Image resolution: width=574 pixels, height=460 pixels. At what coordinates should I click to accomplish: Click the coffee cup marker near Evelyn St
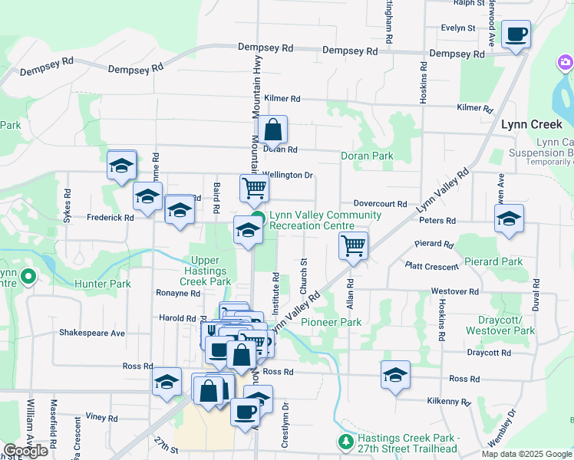516,34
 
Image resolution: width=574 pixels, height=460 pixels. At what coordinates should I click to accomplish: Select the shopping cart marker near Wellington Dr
254,187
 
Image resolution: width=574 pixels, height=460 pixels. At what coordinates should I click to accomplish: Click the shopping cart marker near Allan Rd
353,246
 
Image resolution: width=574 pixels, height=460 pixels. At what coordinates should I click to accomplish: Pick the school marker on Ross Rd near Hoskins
395,375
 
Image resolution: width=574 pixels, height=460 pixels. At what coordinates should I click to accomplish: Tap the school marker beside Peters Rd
509,219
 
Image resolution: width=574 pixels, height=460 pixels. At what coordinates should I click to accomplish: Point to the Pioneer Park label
331,323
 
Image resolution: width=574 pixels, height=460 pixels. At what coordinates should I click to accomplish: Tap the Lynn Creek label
532,124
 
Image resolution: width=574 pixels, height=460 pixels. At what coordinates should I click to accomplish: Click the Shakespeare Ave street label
92,333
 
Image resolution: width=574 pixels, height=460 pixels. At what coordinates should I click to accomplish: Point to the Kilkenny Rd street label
448,401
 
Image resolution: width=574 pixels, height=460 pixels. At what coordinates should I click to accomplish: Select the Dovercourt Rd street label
380,204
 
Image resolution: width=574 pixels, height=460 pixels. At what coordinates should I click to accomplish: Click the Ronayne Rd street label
177,293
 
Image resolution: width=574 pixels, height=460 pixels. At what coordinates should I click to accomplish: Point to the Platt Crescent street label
432,265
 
